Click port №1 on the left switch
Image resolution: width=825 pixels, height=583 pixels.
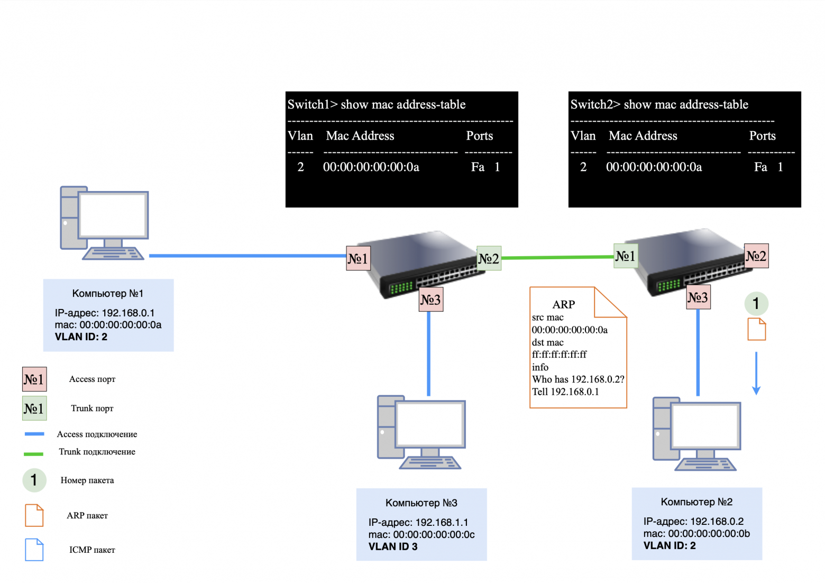[x=358, y=258]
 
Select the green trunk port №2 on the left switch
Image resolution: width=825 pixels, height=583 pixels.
[x=489, y=258]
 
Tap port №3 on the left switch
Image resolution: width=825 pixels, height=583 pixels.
[x=430, y=299]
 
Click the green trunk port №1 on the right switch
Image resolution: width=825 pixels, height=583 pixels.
[x=625, y=256]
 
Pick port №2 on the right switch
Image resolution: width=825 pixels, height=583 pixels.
[x=756, y=256]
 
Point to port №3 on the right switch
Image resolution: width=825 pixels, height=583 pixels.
[x=698, y=297]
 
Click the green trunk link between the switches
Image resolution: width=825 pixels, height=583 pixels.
[x=557, y=258]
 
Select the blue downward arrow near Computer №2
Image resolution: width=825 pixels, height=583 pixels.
[x=756, y=374]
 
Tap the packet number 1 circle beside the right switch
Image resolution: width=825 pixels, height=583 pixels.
[x=756, y=304]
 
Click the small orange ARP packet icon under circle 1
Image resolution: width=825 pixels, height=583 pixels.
[x=756, y=329]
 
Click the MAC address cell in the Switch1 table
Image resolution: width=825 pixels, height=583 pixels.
[x=371, y=167]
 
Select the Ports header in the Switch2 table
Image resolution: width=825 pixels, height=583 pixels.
[x=762, y=136]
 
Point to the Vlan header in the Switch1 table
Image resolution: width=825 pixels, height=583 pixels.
[x=300, y=136]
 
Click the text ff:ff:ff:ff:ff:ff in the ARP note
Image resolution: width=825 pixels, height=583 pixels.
[x=559, y=354]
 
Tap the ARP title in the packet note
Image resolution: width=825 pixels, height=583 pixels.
[x=563, y=305]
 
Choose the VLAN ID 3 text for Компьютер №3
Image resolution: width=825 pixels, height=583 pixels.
[x=393, y=547]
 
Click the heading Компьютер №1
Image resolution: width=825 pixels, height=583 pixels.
[x=107, y=294]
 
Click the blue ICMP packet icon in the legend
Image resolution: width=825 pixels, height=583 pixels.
[x=34, y=550]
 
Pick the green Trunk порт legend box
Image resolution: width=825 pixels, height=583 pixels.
[x=34, y=408]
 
